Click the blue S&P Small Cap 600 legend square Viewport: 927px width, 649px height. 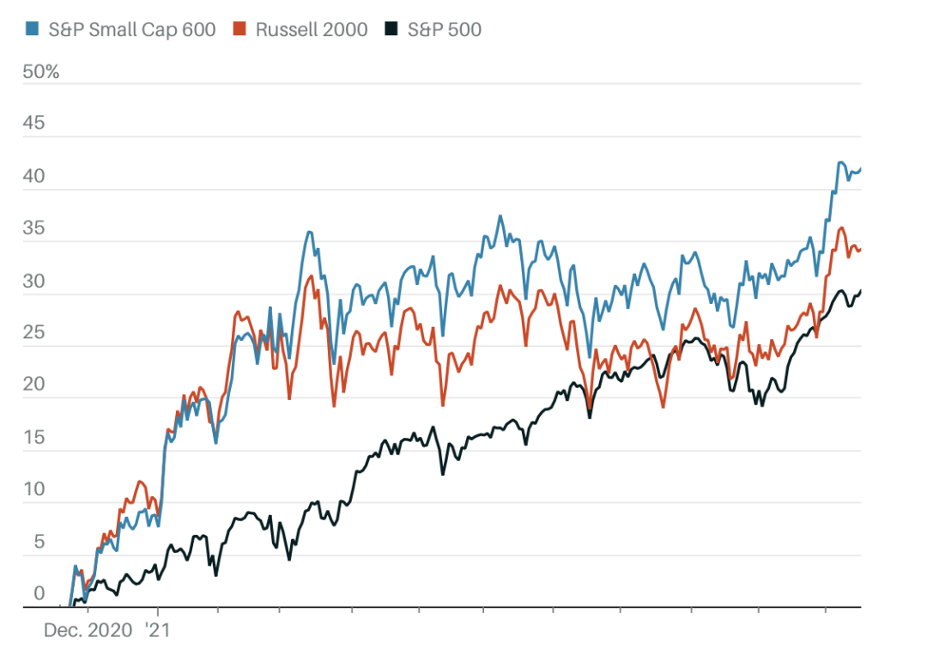[31, 29]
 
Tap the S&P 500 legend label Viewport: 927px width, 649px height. [444, 29]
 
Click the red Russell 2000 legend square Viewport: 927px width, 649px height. [239, 29]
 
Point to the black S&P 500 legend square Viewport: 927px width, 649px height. [391, 29]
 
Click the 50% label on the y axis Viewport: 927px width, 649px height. [41, 71]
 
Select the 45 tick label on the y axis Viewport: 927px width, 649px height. [33, 124]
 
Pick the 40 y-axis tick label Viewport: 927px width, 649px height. [33, 177]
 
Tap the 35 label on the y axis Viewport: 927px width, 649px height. [33, 229]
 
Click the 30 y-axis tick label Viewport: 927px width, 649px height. [33, 282]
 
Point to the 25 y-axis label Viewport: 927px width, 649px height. [33, 333]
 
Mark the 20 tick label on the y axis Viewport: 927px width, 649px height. [33, 385]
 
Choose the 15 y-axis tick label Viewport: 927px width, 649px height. [33, 438]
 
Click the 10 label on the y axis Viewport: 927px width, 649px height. [33, 490]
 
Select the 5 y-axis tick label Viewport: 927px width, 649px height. [38, 543]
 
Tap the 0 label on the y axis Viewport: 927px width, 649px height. [38, 594]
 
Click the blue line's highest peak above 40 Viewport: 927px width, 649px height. [840, 162]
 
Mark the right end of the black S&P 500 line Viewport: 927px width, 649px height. [861, 291]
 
